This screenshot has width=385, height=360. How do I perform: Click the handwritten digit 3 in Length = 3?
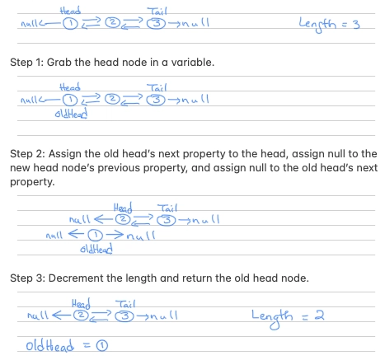[356, 25]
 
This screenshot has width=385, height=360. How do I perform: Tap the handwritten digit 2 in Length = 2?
[319, 316]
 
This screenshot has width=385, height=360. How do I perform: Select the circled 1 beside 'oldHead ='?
[102, 345]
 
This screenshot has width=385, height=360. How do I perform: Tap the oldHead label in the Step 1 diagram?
[71, 114]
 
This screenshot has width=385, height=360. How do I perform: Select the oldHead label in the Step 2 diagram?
[96, 249]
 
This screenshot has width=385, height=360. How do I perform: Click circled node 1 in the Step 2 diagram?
[95, 235]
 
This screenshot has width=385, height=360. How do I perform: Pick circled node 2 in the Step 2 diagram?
[123, 219]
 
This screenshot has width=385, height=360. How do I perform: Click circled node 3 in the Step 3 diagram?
[124, 316]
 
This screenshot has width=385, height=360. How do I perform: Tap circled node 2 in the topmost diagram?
[112, 22]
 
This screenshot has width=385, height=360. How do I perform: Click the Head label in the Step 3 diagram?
[81, 304]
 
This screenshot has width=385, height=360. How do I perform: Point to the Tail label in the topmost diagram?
[157, 12]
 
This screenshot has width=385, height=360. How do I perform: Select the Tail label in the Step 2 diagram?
[167, 208]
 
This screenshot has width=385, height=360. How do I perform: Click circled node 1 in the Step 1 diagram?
[70, 101]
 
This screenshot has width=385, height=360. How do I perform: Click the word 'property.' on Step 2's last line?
[32, 182]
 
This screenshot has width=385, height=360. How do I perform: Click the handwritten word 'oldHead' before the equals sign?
[49, 345]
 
